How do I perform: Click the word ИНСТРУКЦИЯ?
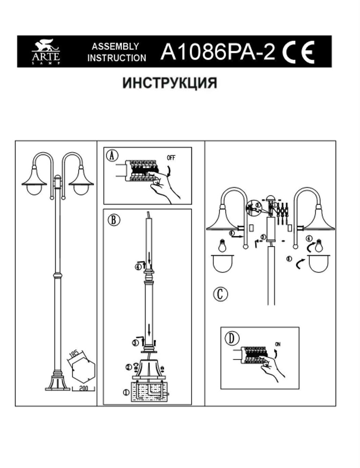pyautogui.click(x=170, y=83)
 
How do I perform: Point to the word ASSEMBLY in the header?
pyautogui.click(x=115, y=47)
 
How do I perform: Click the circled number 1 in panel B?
pyautogui.click(x=125, y=392)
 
